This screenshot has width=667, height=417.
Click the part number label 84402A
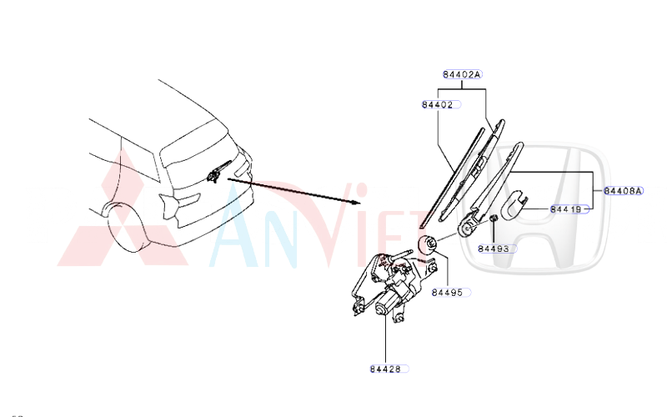pos(462,75)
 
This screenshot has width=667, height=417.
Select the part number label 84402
pos(438,105)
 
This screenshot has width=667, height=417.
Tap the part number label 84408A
pos(623,191)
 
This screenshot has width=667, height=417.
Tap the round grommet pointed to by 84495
pos(428,245)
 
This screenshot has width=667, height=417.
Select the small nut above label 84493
pos(493,219)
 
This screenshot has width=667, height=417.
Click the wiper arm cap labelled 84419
pos(519,200)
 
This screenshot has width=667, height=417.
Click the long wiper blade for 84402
pos(454,175)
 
